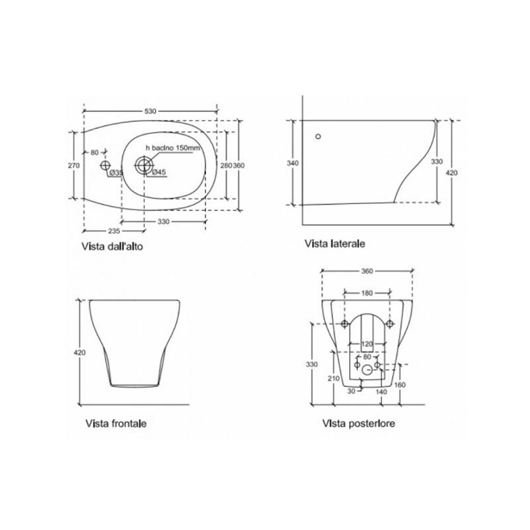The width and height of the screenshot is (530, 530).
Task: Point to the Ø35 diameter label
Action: click(x=115, y=173)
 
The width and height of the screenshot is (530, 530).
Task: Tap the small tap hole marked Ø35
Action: click(x=105, y=164)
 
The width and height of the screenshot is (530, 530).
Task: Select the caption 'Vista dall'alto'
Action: click(x=113, y=246)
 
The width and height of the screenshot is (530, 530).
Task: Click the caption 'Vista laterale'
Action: click(x=335, y=244)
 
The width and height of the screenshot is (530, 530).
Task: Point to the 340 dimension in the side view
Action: click(x=293, y=163)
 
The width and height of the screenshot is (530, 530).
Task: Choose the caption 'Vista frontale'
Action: click(x=116, y=423)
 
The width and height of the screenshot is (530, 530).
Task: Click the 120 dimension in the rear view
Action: click(x=367, y=344)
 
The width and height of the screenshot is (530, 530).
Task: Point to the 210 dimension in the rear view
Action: click(x=335, y=378)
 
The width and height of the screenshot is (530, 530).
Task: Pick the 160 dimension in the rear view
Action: click(x=399, y=385)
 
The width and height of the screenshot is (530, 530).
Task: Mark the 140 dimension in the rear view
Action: click(x=382, y=392)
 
